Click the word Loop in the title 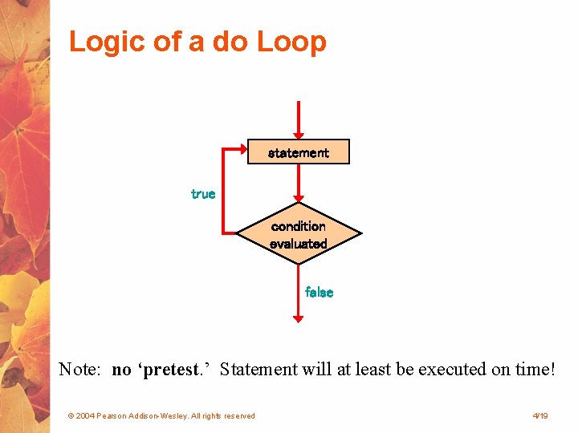(291, 42)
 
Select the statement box (299, 152)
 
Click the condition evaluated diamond (299, 235)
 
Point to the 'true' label (203, 194)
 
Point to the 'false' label (319, 293)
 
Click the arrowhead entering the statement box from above (299, 134)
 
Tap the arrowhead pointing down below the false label (299, 318)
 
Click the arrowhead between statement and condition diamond (299, 200)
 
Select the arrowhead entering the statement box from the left (242, 151)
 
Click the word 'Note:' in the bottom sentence (79, 370)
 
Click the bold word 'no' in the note (122, 370)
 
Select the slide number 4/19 (539, 416)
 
